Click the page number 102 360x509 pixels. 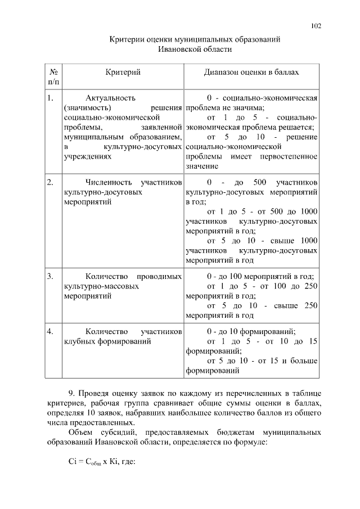(316, 26)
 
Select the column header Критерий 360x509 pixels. (123, 73)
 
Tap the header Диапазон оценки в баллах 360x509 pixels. (251, 73)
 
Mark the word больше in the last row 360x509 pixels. (304, 361)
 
